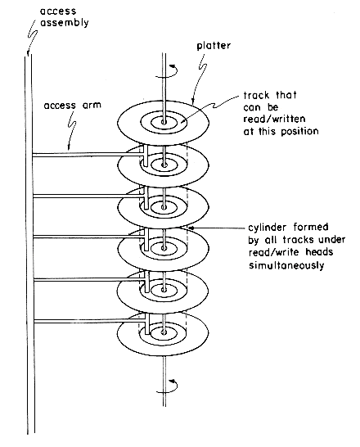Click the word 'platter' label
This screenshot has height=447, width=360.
(x=214, y=46)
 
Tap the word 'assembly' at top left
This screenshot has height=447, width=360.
(x=65, y=23)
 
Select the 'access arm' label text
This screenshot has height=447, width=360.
(x=72, y=105)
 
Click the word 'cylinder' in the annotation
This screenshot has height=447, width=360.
(x=267, y=228)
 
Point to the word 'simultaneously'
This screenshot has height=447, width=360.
(x=286, y=265)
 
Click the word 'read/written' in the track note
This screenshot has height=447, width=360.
(x=274, y=119)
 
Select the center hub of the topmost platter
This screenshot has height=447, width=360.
(x=164, y=123)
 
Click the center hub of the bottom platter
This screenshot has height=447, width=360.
(x=164, y=332)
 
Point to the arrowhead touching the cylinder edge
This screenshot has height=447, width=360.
(x=191, y=228)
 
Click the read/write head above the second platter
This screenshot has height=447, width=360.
(x=146, y=156)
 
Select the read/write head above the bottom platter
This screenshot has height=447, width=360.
(x=147, y=324)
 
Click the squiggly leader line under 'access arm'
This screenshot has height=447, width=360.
(x=73, y=129)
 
